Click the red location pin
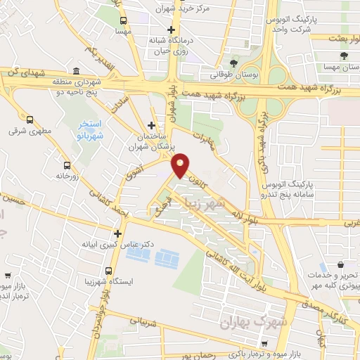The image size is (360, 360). (x=181, y=165)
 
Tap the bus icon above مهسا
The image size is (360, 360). (x=124, y=21)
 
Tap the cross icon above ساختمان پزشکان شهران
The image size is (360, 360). (x=150, y=125)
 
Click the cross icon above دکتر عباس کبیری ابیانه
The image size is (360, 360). (x=117, y=233)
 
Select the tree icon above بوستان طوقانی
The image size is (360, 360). (x=233, y=61)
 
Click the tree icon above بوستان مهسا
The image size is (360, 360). (x=343, y=55)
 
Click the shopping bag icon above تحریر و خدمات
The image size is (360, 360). (x=341, y=265)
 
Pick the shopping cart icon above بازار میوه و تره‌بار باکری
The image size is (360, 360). (x=264, y=344)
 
